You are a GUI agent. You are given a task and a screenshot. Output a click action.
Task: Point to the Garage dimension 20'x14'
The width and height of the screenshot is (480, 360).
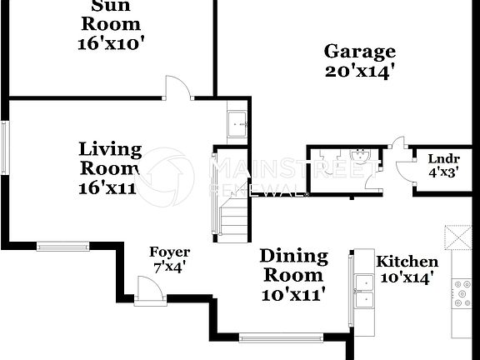pos(359,72)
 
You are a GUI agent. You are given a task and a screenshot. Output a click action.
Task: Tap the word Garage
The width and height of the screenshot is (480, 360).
pos(359,52)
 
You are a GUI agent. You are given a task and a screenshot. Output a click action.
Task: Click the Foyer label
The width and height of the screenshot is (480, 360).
pos(169,252)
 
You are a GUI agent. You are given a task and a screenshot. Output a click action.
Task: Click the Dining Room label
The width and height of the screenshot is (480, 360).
pos(293,265)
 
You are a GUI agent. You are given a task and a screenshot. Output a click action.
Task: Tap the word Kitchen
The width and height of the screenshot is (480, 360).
pos(407,262)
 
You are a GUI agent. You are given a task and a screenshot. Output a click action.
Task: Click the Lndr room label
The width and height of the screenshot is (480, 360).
pos(444,159)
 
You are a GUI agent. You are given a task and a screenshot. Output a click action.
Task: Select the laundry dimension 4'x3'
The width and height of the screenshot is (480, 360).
pos(444,174)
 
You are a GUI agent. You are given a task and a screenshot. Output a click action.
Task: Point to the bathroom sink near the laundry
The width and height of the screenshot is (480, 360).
pos(361,156)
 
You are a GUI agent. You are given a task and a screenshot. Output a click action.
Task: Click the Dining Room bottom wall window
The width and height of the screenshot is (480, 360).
pos(280,337)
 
